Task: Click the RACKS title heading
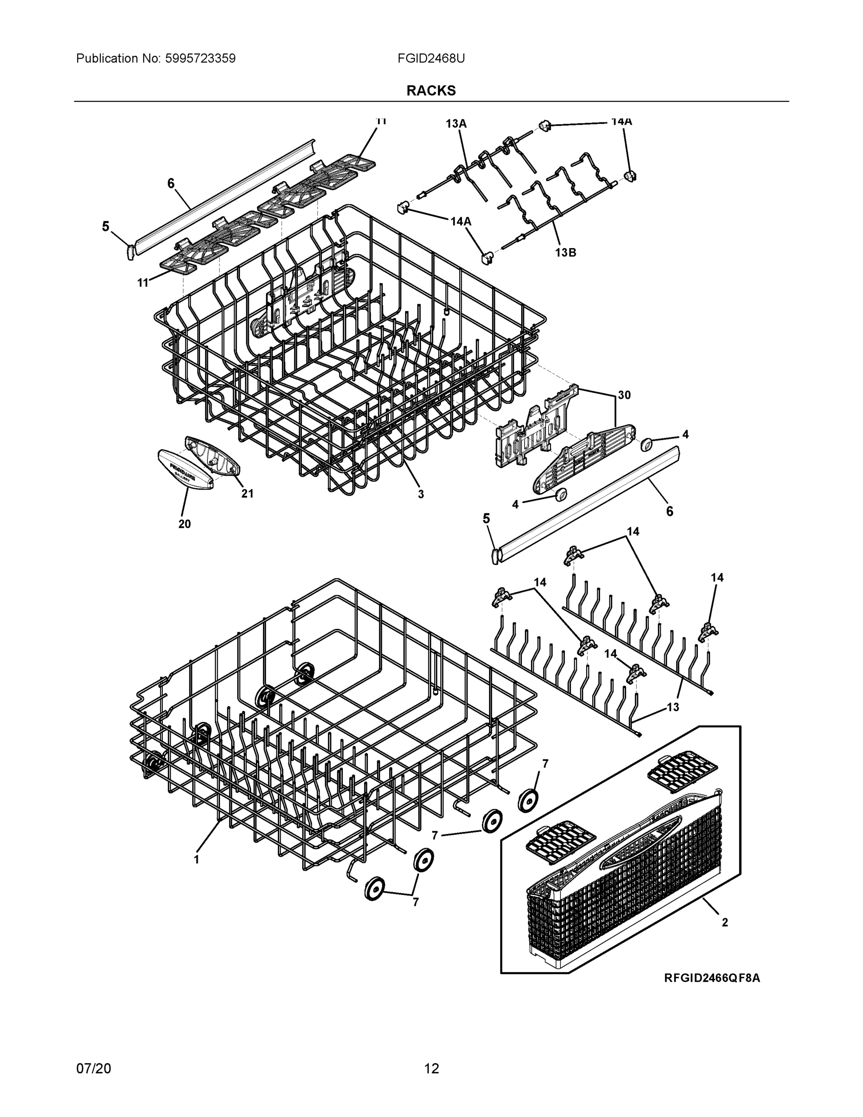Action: click(430, 91)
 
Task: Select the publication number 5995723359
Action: click(200, 58)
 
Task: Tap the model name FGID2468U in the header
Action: click(430, 58)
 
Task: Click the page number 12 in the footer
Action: click(431, 1069)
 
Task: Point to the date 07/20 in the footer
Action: click(93, 1069)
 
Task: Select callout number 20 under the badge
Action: click(184, 524)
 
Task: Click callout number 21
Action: click(247, 493)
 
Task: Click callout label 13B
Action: click(565, 252)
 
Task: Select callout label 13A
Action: click(455, 124)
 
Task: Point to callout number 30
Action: click(624, 395)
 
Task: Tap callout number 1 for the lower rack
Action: click(196, 860)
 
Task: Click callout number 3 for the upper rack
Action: click(420, 494)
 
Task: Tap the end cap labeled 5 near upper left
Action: click(130, 252)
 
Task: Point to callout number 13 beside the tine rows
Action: click(672, 707)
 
